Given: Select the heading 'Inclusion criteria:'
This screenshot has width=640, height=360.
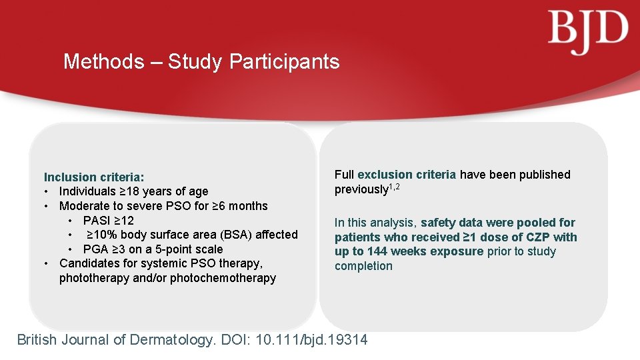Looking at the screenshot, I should [93, 177].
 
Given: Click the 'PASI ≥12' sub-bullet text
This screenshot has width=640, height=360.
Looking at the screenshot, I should [109, 221].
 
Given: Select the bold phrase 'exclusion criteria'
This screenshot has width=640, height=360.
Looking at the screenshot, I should [407, 175].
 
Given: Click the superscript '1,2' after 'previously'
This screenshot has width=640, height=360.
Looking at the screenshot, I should [397, 186].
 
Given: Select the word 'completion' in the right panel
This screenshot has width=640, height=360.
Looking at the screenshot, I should [363, 266].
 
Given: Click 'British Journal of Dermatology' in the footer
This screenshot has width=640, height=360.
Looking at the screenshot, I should [115, 340].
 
